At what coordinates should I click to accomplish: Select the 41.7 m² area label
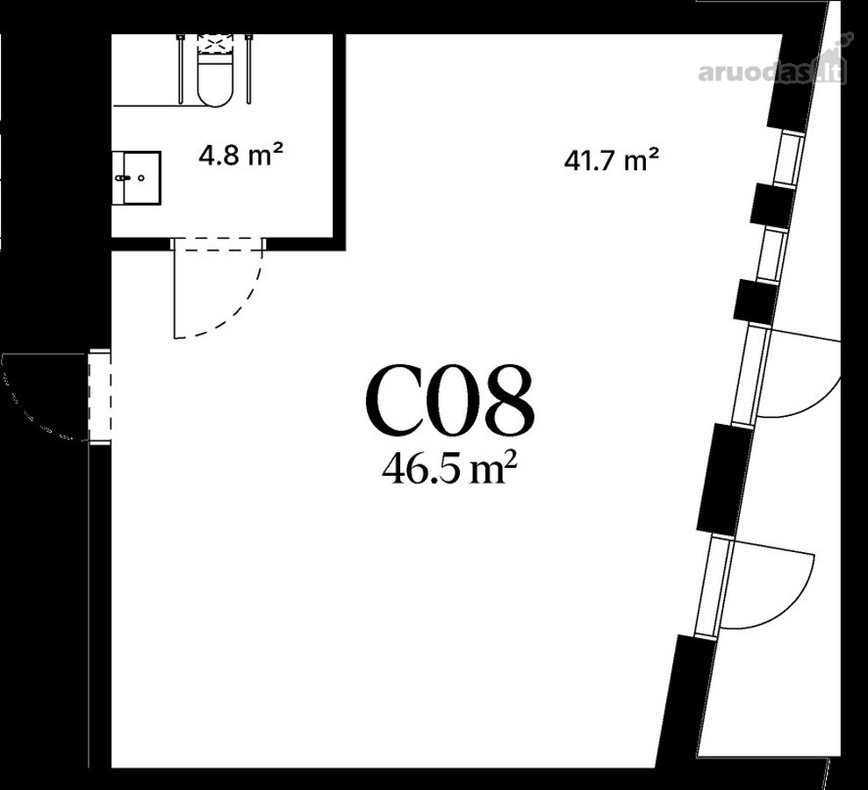pos(611,161)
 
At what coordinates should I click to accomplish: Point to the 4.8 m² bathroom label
pos(241,154)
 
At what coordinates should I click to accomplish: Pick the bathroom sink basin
pos(137,177)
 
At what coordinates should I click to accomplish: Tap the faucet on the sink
pos(124,178)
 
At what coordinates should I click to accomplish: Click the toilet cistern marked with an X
pos(215,44)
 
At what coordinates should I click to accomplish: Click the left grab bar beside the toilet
pos(181,68)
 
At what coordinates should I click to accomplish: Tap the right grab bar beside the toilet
pos(249,68)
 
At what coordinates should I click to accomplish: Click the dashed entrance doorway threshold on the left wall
pos(100,397)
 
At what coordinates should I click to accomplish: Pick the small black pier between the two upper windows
pos(772,205)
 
